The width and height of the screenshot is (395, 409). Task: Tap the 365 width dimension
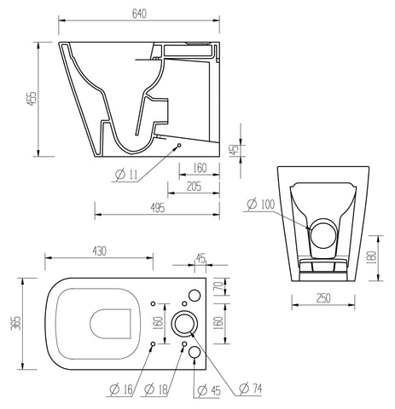pyautogui.click(x=14, y=325)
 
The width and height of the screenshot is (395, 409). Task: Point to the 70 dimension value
pyautogui.click(x=218, y=285)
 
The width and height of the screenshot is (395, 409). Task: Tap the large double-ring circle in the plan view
pyautogui.click(x=185, y=323)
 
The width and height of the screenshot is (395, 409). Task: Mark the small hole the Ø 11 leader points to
pyautogui.click(x=179, y=146)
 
